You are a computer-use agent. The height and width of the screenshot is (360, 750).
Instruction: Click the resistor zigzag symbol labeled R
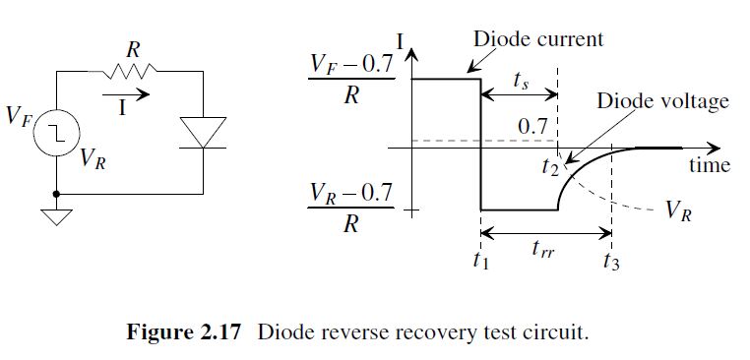pos(129,72)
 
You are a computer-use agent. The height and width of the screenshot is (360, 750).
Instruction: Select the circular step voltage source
pos(56,132)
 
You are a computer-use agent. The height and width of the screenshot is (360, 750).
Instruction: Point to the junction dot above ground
pos(56,194)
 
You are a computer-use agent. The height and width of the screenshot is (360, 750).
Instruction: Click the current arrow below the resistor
pos(126,94)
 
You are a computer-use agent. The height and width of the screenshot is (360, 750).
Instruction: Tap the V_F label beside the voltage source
pos(19,116)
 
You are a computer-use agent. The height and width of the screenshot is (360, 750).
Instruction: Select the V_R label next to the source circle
pos(94,157)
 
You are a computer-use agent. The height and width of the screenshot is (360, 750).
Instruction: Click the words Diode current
pos(538,38)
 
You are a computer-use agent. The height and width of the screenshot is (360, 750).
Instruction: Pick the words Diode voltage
pos(662,101)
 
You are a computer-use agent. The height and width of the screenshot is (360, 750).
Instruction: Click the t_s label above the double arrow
pos(521,80)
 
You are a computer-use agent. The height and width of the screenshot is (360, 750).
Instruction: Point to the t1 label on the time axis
pos(480,261)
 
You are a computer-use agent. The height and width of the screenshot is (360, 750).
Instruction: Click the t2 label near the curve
pos(550,166)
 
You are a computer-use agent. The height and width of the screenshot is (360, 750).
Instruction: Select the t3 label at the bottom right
pos(611,261)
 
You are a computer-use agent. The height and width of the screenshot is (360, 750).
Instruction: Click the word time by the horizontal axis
pos(710,165)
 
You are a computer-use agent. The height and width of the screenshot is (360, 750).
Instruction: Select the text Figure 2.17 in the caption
pos(184,331)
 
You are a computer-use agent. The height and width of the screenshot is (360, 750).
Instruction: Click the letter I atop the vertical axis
pos(399,42)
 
